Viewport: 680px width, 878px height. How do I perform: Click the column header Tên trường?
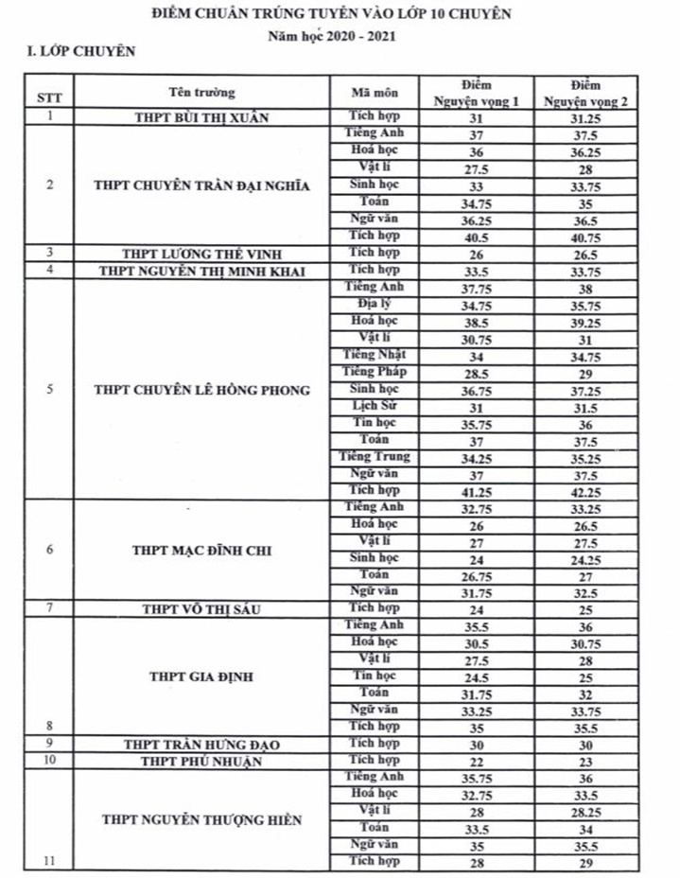pyautogui.click(x=201, y=93)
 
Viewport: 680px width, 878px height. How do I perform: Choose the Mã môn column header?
pyautogui.click(x=375, y=93)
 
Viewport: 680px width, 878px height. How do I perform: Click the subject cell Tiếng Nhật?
pyautogui.click(x=375, y=354)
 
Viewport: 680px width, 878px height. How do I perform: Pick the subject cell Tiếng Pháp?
pyautogui.click(x=375, y=371)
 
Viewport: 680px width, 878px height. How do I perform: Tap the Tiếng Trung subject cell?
pyautogui.click(x=375, y=457)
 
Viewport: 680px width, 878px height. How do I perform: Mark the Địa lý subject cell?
pyautogui.click(x=375, y=304)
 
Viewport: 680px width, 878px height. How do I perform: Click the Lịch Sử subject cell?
pyautogui.click(x=375, y=405)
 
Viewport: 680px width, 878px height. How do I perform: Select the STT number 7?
pyautogui.click(x=49, y=608)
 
